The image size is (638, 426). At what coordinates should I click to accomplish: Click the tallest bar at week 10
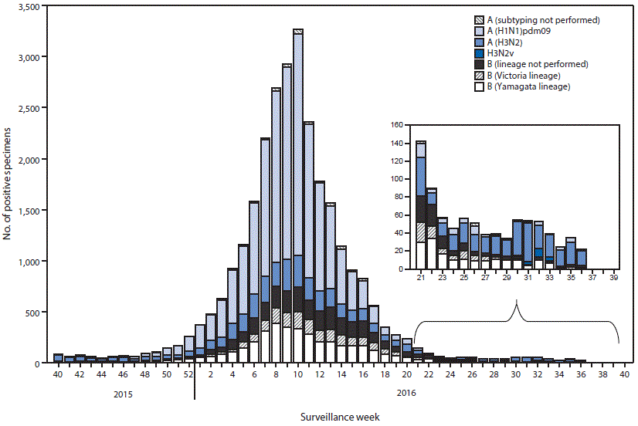click(297, 193)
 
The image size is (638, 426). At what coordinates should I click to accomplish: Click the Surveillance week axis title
click(340, 416)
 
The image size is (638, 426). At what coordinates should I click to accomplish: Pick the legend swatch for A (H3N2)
click(479, 42)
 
